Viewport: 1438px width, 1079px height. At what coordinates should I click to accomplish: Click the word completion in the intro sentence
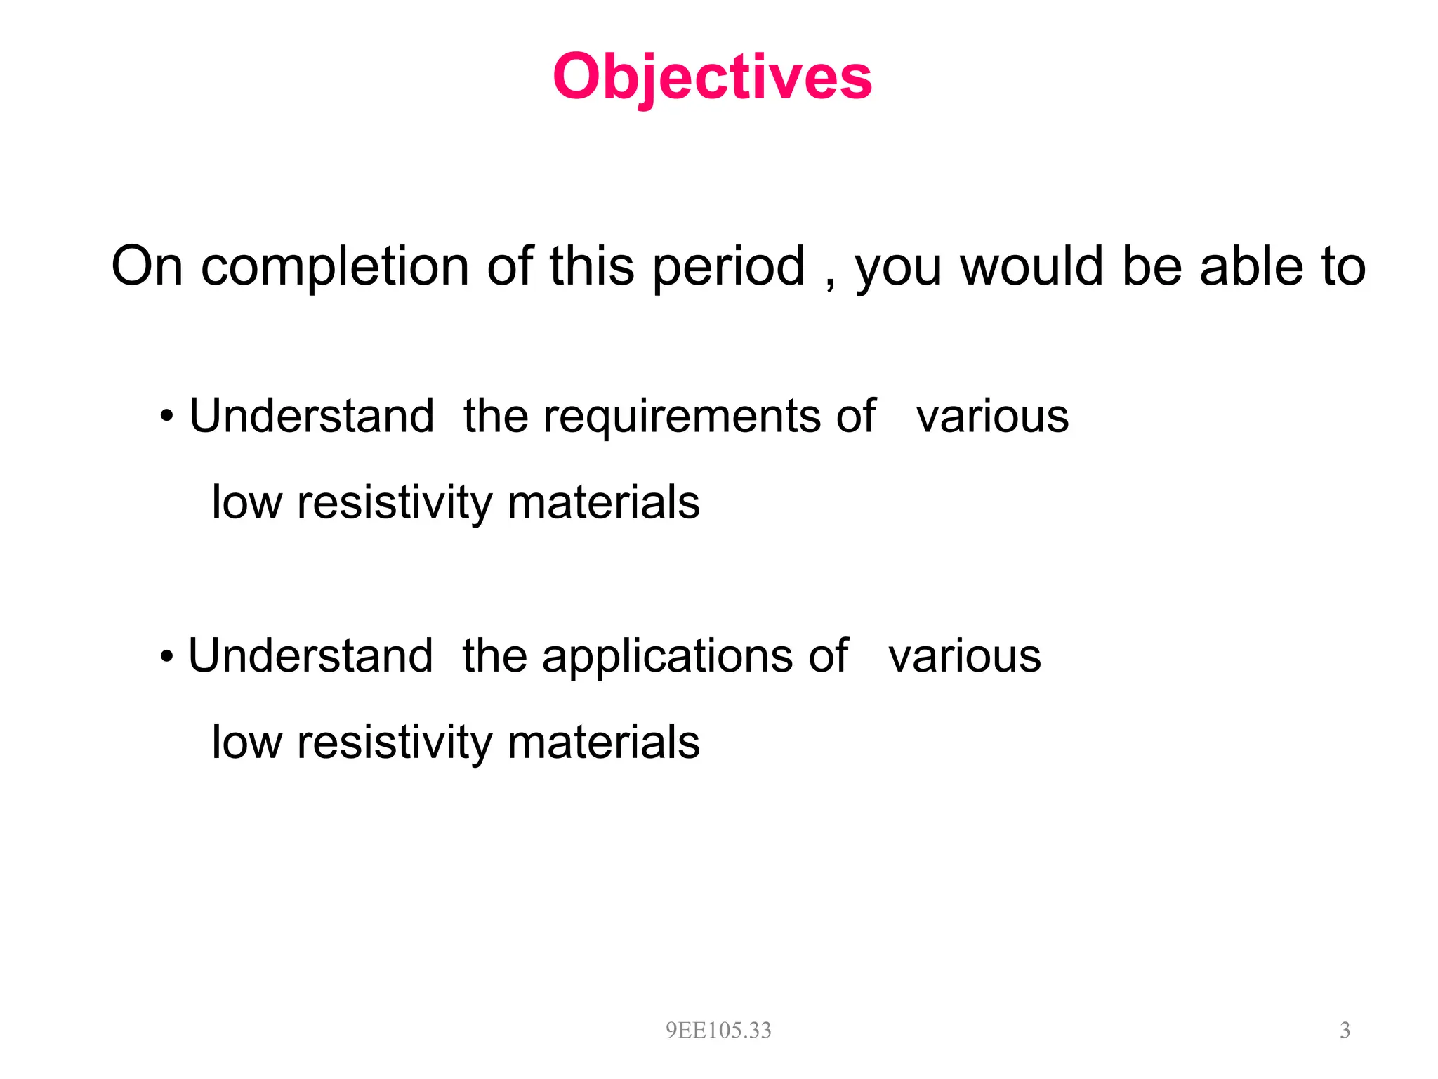pos(335,267)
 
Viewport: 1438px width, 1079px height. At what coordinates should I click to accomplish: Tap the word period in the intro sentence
pos(728,267)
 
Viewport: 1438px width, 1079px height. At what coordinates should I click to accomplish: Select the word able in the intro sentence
pos(1251,267)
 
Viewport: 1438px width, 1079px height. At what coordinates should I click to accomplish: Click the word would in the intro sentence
pos(1031,267)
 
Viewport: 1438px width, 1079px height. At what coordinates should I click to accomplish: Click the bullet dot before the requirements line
pos(166,417)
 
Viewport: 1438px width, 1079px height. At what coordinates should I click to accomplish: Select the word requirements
pos(681,417)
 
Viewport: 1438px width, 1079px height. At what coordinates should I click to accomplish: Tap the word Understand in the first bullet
pos(312,416)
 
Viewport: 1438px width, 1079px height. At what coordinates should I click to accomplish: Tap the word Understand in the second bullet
pos(310,656)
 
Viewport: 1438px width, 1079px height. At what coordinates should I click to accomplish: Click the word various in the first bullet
pos(992,417)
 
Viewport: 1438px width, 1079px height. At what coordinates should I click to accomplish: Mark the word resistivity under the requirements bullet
pos(395,503)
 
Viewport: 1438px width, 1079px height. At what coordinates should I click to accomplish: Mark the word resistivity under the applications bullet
pos(395,743)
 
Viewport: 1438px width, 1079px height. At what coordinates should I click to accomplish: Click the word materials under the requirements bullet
pos(603,503)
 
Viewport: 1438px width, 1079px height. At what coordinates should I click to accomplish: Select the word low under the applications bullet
pos(246,743)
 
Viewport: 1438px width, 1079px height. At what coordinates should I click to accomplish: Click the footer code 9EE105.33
pos(718,1031)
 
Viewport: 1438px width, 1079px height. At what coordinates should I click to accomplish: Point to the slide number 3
pos(1345,1031)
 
